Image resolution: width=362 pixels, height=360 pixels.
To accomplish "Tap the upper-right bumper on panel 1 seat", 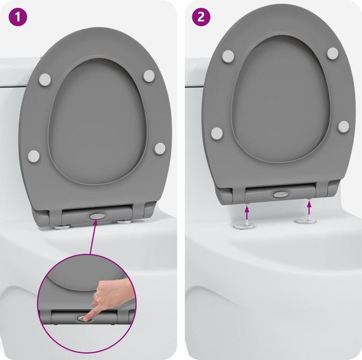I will [x=149, y=75].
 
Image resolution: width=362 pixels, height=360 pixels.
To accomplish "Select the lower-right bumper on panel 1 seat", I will [x=159, y=148].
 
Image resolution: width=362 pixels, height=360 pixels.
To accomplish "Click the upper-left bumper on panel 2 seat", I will [x=228, y=56].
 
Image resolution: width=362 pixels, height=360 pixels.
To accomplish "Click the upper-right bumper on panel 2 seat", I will [x=332, y=53].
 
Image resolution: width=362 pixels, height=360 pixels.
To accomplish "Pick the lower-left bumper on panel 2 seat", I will [x=217, y=133].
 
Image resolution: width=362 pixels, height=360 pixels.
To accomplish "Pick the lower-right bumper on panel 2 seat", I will [x=343, y=126].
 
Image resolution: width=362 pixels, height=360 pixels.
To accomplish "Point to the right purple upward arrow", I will [x=308, y=206].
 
